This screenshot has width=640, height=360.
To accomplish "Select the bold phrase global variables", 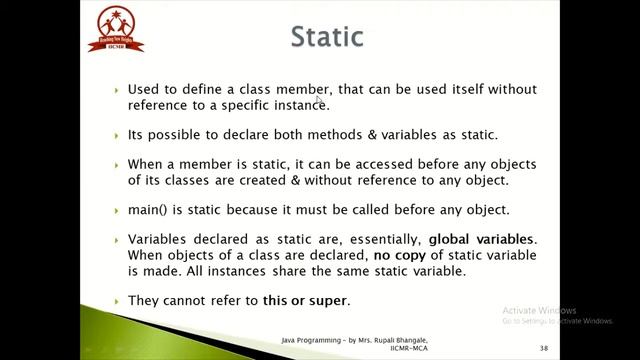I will click(x=481, y=240).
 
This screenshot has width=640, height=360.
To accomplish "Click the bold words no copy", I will click(x=402, y=256).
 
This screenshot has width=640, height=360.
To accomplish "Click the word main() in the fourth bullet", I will click(x=147, y=210).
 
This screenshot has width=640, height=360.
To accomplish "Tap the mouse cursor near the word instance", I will click(x=318, y=98).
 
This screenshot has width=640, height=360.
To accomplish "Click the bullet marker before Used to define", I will click(x=117, y=90).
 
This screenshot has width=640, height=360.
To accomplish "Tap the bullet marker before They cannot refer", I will click(x=117, y=301).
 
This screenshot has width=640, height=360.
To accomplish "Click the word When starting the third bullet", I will click(x=146, y=163).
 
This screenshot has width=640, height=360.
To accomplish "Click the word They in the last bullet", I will click(x=144, y=300).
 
